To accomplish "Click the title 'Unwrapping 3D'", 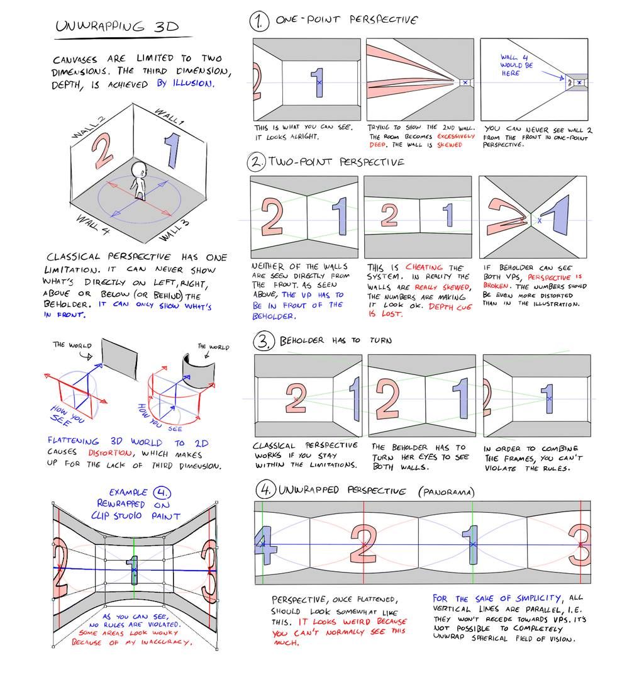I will tap(116, 26).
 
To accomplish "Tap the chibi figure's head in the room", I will tap(140, 171).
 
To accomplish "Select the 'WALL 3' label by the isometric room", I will tap(174, 228).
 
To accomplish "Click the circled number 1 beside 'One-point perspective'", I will tap(258, 23).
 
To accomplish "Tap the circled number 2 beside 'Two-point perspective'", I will tap(257, 162).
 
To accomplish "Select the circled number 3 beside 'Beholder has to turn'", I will tap(262, 341).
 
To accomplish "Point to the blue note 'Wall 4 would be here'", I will tap(516, 65).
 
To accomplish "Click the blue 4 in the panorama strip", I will tap(265, 545).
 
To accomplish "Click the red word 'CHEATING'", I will tap(424, 267).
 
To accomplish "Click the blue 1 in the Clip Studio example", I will tap(133, 570).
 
